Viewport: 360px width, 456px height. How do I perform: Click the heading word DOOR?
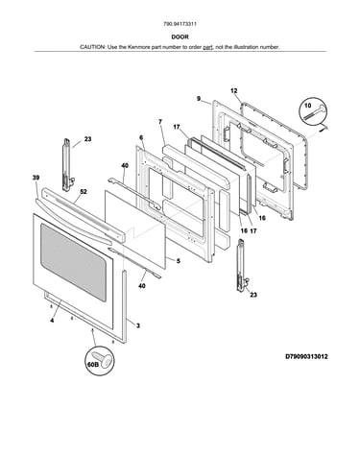(180, 36)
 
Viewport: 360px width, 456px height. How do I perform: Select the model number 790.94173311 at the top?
(180, 24)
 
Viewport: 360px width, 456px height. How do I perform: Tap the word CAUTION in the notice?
(92, 47)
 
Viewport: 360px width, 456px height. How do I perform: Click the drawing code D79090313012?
(306, 356)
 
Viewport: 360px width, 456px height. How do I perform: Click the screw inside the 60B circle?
(102, 360)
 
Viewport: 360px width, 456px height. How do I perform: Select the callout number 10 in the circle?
(307, 106)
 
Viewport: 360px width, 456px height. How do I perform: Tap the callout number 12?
(234, 91)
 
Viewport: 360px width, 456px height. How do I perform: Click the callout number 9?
(199, 99)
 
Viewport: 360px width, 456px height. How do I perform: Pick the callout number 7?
(160, 122)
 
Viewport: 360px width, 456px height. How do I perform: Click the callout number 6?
(141, 137)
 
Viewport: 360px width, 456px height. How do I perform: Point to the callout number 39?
(36, 178)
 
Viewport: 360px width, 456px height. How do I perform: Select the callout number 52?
(84, 192)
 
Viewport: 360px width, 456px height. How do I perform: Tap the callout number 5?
(178, 261)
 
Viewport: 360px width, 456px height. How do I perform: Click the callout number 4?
(52, 321)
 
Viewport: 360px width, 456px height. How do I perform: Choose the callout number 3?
(138, 325)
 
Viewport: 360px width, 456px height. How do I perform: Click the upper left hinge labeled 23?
(67, 165)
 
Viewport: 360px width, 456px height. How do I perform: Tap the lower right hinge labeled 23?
(242, 265)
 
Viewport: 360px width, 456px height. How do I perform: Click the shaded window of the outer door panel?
(73, 262)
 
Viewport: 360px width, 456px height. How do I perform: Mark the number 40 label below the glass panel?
(141, 285)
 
